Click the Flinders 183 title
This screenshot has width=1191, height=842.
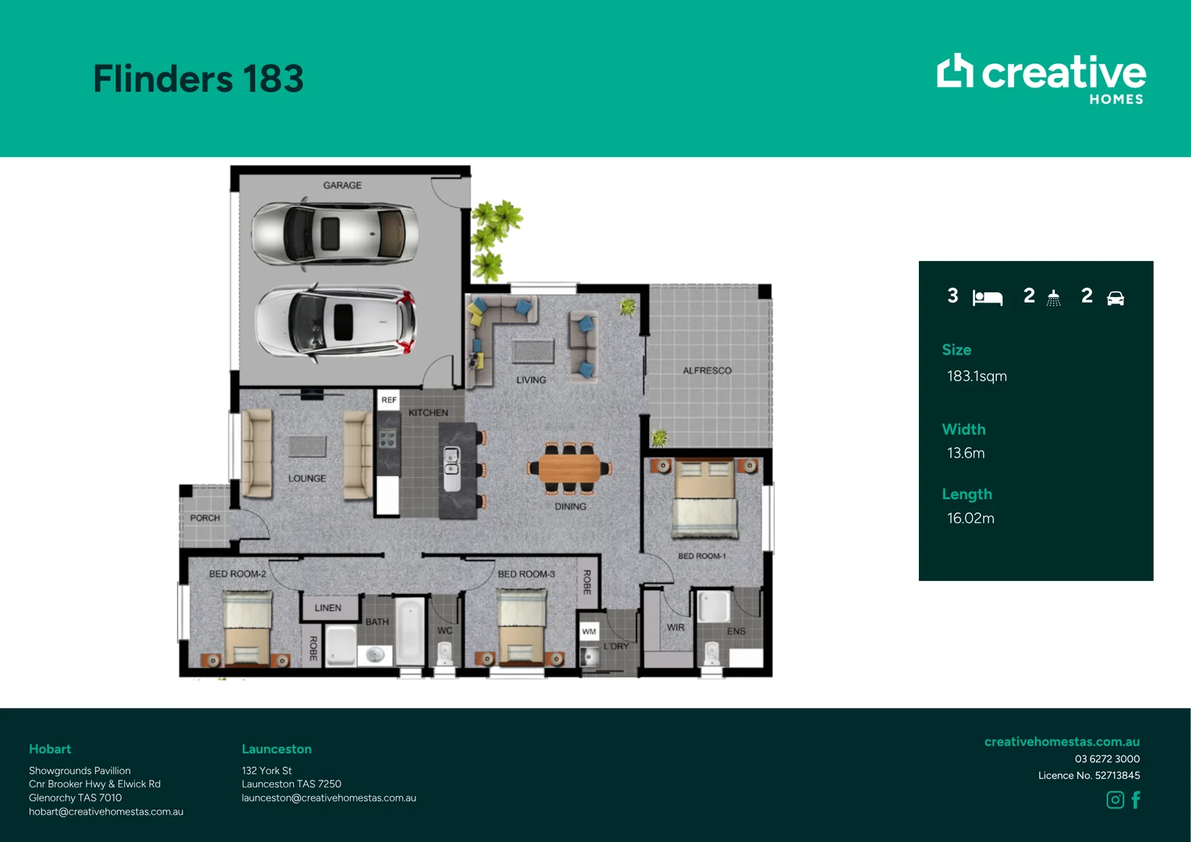(198, 79)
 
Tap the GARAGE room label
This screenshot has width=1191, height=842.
(342, 185)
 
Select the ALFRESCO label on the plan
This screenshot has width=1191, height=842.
(707, 370)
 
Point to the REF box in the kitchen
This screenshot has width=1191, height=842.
(389, 400)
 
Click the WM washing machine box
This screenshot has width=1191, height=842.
(589, 631)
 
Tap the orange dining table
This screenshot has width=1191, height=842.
(569, 468)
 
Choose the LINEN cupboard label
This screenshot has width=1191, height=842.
(327, 607)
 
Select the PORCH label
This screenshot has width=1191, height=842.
(205, 518)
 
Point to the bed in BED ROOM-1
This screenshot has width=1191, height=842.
(705, 499)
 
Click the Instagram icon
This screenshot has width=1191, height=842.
(1115, 800)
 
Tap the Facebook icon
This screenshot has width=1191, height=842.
(1136, 800)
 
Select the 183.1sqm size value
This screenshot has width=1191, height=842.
(977, 377)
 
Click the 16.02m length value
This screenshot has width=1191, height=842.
(970, 518)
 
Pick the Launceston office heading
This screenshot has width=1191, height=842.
(277, 749)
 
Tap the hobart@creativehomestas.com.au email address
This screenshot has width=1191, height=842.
(106, 812)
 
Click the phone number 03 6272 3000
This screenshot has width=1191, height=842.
(1107, 759)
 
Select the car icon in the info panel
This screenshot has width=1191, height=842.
(1115, 299)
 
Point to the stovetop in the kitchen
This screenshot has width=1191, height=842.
(387, 438)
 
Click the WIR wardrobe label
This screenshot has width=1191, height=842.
(675, 627)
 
